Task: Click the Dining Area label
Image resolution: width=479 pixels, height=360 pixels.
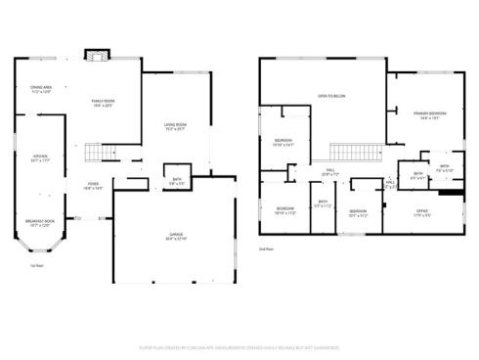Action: tap(40, 90)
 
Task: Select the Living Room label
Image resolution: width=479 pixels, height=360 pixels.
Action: tap(175, 126)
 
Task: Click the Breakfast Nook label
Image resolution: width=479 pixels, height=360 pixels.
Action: tap(40, 223)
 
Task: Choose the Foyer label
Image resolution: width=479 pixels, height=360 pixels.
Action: tap(93, 185)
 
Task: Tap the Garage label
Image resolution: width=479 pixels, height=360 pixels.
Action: tap(176, 237)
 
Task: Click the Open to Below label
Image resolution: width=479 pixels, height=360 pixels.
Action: tap(332, 96)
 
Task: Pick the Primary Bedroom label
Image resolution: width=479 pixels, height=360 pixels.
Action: tap(430, 114)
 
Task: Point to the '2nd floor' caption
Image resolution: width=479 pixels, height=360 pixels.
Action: tap(265, 248)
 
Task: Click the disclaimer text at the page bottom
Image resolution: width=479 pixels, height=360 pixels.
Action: tap(239, 346)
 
